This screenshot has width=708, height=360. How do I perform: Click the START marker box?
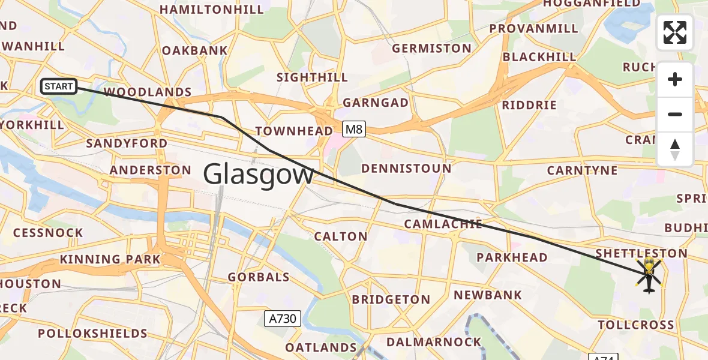click(58, 86)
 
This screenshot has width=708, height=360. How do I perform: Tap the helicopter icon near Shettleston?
click(649, 275)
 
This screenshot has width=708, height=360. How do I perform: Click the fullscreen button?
click(675, 32)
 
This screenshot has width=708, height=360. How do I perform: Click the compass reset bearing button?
click(675, 149)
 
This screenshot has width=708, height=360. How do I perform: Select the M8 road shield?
click(355, 128)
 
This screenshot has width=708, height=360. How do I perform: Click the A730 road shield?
click(282, 318)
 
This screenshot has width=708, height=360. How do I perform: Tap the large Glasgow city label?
click(259, 175)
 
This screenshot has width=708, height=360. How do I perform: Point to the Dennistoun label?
click(406, 168)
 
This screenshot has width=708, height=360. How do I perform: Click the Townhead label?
click(294, 131)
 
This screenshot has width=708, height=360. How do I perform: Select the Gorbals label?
click(259, 277)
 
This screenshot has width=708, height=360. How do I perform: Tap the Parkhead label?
click(512, 257)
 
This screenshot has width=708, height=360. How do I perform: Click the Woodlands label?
click(148, 92)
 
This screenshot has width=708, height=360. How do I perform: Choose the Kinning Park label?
click(110, 259)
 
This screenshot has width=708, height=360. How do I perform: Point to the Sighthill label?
click(312, 77)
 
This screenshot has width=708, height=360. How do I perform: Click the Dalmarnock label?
click(434, 342)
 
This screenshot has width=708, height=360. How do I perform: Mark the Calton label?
click(341, 236)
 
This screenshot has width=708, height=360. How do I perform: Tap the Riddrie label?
click(529, 105)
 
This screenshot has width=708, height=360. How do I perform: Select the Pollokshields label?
click(93, 333)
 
